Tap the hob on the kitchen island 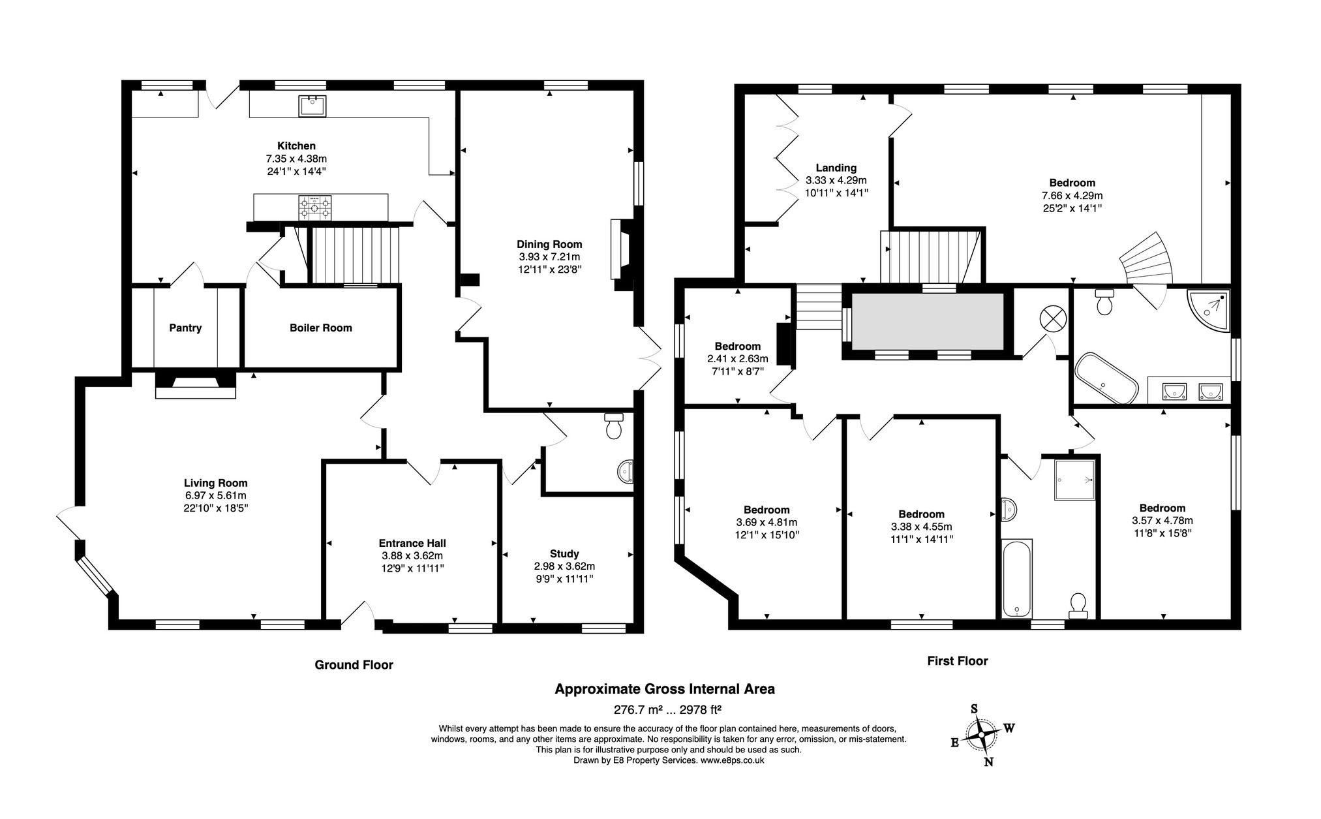(x=314, y=208)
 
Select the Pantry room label (x=185, y=328)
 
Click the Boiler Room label (x=320, y=328)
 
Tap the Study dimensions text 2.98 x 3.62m (x=564, y=566)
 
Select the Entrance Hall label (x=412, y=543)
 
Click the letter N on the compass (x=989, y=762)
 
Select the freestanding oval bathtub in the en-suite (x=1106, y=379)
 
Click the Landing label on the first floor (x=836, y=168)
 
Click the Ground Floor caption (x=354, y=665)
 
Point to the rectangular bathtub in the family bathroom (x=1016, y=578)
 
